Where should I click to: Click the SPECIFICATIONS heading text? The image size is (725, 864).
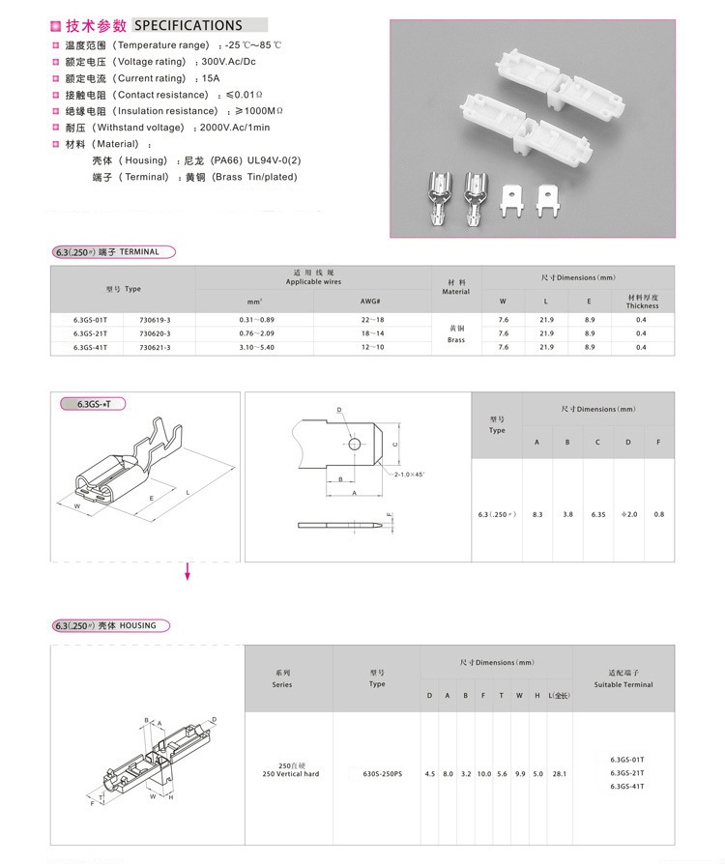click(x=188, y=25)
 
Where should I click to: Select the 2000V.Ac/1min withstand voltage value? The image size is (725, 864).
click(x=235, y=128)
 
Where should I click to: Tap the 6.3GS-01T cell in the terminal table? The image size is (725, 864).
click(x=91, y=319)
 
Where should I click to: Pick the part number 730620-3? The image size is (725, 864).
click(x=155, y=332)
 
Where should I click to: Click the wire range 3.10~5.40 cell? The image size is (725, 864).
click(x=256, y=346)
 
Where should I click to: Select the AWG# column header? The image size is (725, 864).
click(x=372, y=302)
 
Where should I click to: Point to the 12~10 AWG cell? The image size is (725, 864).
click(x=372, y=346)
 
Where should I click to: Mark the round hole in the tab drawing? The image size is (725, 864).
click(x=355, y=444)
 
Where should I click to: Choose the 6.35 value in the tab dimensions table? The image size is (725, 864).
click(x=598, y=514)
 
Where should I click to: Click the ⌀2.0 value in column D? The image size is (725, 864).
click(x=628, y=514)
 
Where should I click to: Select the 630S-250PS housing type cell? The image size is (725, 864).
click(x=377, y=774)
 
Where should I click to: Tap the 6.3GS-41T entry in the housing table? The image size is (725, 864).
click(x=629, y=787)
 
